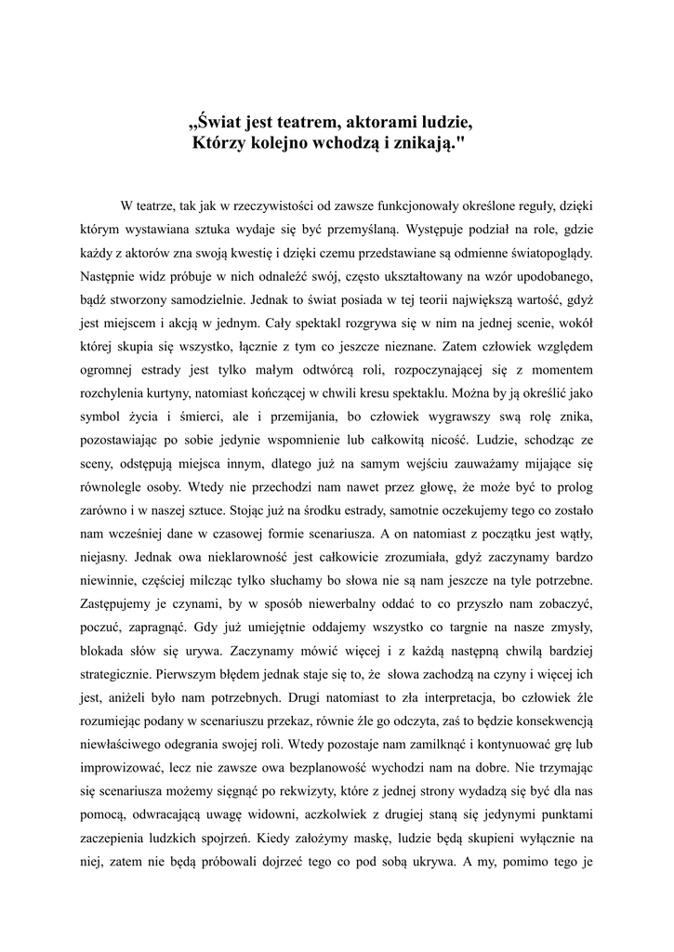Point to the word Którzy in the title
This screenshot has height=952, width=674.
tap(219, 143)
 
